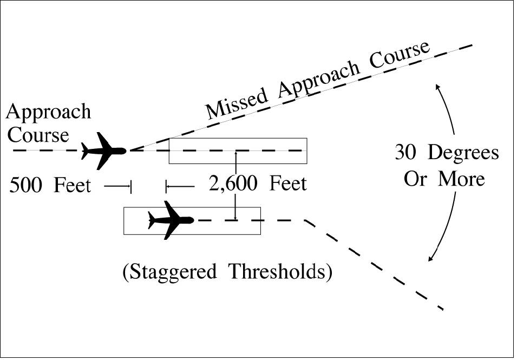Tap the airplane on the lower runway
[x=171, y=220]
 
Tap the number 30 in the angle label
[x=407, y=153]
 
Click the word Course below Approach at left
[x=38, y=135]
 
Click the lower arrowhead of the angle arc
[x=431, y=258]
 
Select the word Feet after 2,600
[x=289, y=184]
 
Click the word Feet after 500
[x=73, y=186]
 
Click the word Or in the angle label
[x=416, y=179]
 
